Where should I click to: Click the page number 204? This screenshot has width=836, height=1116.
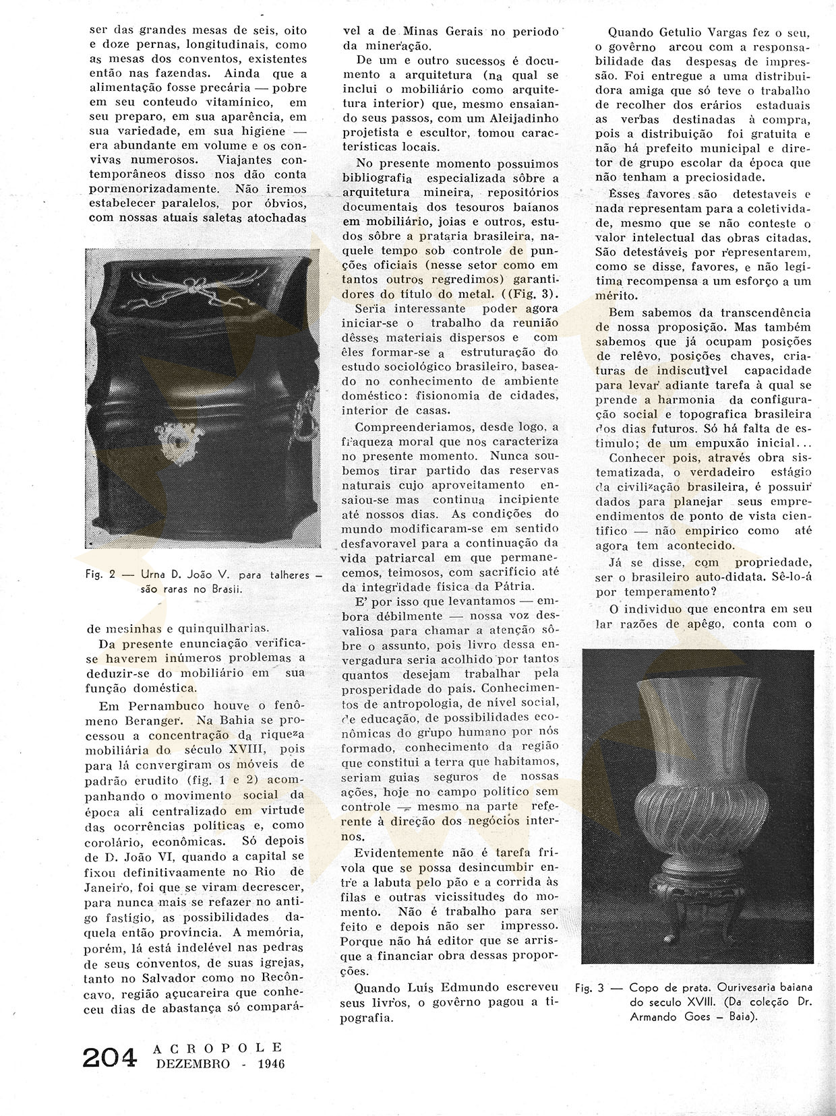(109, 1057)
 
